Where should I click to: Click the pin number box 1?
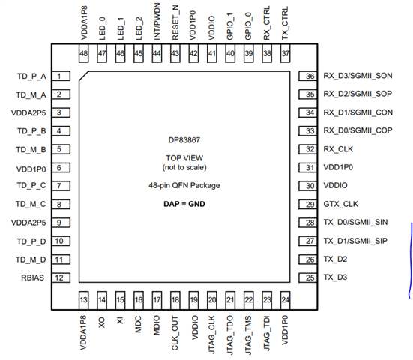pyautogui.click(x=58, y=76)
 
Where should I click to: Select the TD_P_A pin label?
pyautogui.click(x=31, y=76)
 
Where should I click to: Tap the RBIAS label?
pyautogui.click(x=35, y=277)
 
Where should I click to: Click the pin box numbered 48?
pyautogui.click(x=84, y=54)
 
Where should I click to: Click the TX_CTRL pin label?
pyautogui.click(x=285, y=25)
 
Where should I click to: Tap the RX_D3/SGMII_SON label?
pyautogui.click(x=358, y=76)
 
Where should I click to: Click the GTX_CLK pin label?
pyautogui.click(x=341, y=204)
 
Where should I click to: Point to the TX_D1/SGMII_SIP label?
pyautogui.click(x=355, y=241)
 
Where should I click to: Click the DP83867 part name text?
pyautogui.click(x=184, y=139)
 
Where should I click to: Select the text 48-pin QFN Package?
pyautogui.click(x=184, y=184)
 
